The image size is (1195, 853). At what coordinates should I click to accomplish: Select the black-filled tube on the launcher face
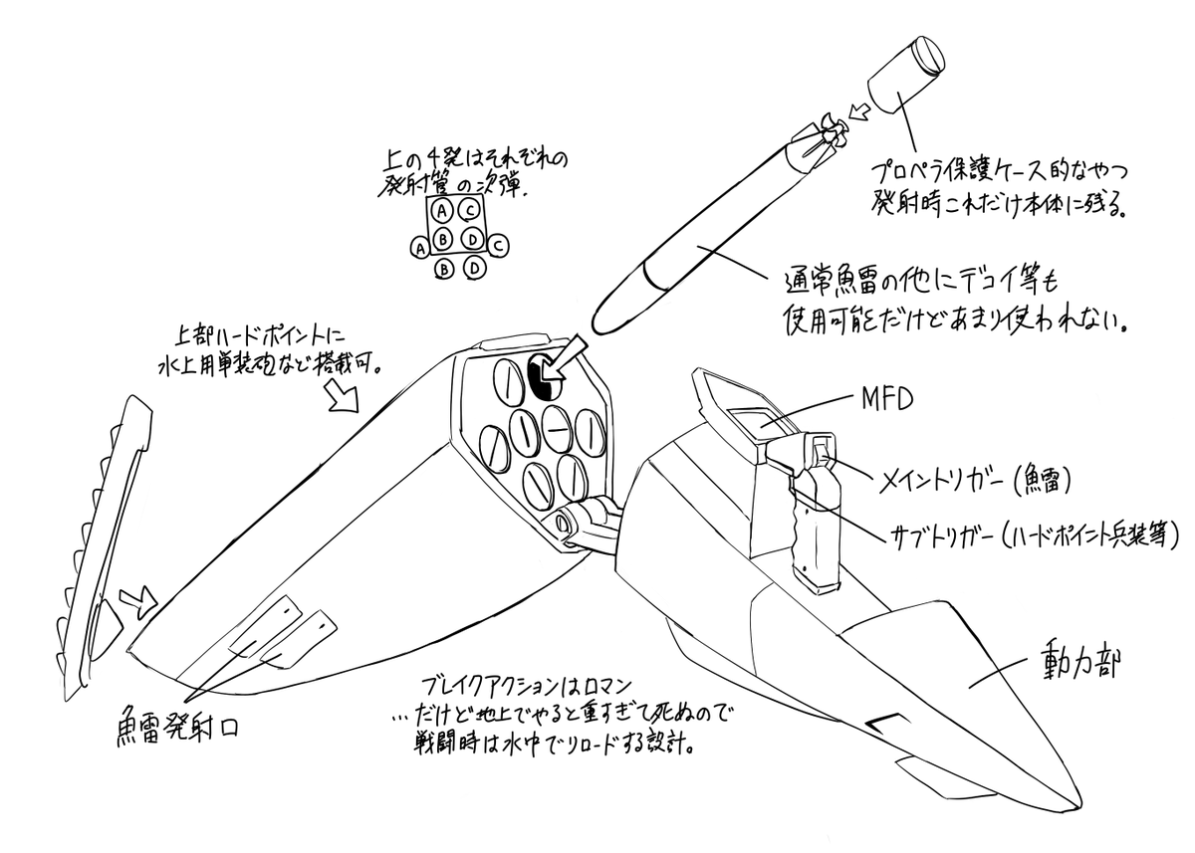(x=542, y=377)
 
